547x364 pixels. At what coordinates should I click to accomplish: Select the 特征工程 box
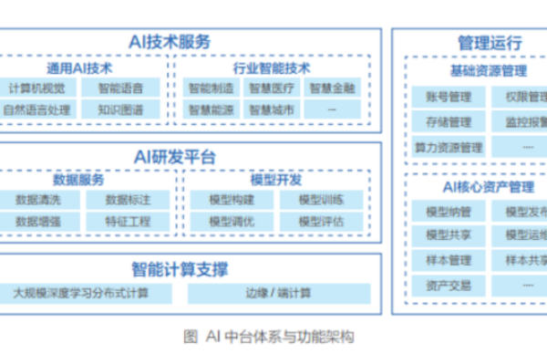[x=127, y=222]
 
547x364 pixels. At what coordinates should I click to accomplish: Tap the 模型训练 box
[x=322, y=200]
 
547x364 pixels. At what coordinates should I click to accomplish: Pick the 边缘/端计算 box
[x=279, y=293]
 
